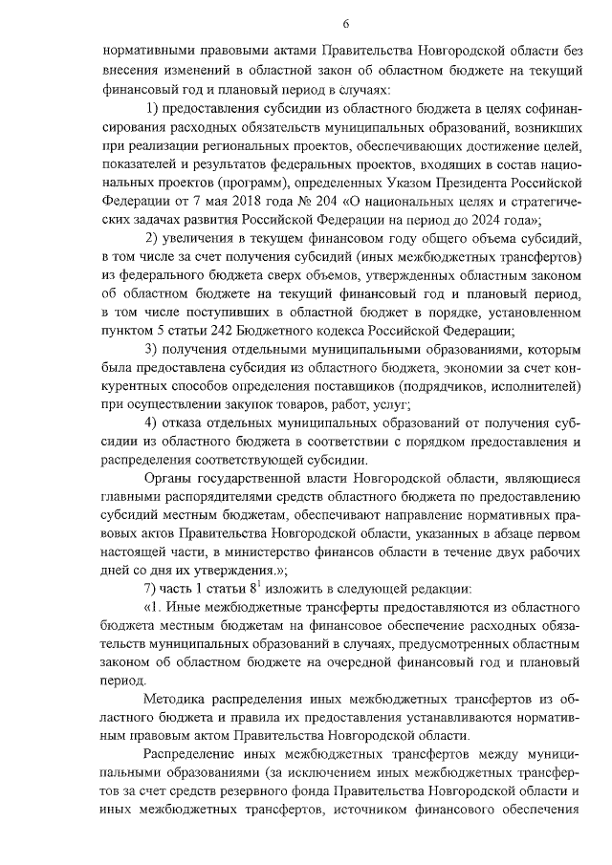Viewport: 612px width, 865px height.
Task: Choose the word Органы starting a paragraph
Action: point(167,478)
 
